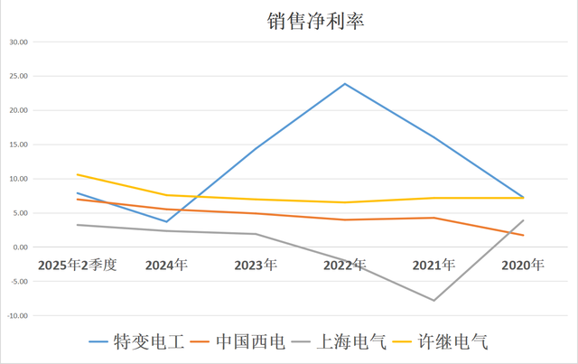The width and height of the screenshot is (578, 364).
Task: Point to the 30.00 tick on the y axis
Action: (x=18, y=42)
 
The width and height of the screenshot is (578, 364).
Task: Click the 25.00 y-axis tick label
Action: (x=18, y=77)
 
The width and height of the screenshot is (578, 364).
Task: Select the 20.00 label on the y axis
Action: (x=18, y=111)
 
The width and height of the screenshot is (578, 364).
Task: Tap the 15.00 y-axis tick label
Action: (x=18, y=145)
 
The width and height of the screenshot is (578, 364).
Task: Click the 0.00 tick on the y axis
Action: (x=20, y=247)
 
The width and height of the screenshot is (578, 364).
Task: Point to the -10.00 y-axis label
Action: (x=17, y=316)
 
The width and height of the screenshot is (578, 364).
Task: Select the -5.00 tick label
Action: (x=18, y=282)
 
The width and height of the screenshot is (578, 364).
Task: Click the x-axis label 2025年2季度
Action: (x=77, y=266)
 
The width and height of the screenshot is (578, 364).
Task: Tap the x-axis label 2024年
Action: (x=166, y=266)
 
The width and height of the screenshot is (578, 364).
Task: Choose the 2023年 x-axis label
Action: (x=256, y=266)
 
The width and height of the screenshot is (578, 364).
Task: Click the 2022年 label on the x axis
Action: (x=345, y=266)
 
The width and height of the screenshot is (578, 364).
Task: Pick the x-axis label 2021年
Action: (x=433, y=266)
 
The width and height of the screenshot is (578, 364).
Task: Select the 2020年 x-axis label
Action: (x=523, y=266)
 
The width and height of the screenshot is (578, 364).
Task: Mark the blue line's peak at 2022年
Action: (x=345, y=84)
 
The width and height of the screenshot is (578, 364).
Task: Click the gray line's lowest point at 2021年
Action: (x=433, y=300)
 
